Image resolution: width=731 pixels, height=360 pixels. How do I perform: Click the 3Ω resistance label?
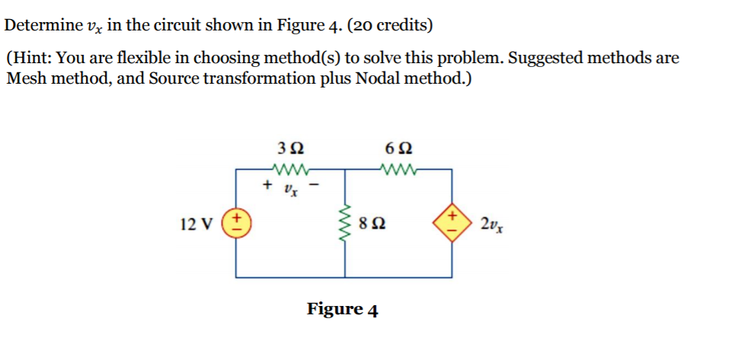(290, 148)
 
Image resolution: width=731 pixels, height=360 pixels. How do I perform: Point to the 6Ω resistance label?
(398, 148)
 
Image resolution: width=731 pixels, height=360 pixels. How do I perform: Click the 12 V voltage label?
(195, 225)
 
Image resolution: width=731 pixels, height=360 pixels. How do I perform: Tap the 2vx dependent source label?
(491, 225)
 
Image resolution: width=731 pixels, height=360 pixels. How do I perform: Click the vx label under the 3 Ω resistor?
(291, 187)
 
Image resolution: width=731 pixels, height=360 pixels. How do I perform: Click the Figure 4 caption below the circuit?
(342, 309)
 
